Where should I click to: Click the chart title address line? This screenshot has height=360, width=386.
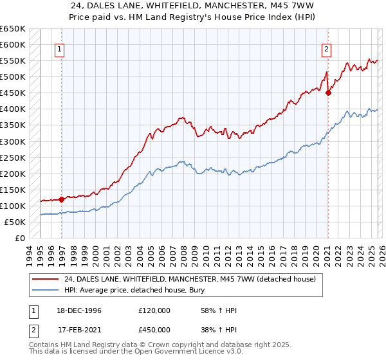[192, 6]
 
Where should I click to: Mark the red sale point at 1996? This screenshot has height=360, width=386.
[62, 199]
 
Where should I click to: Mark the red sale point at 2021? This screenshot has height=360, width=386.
[328, 93]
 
